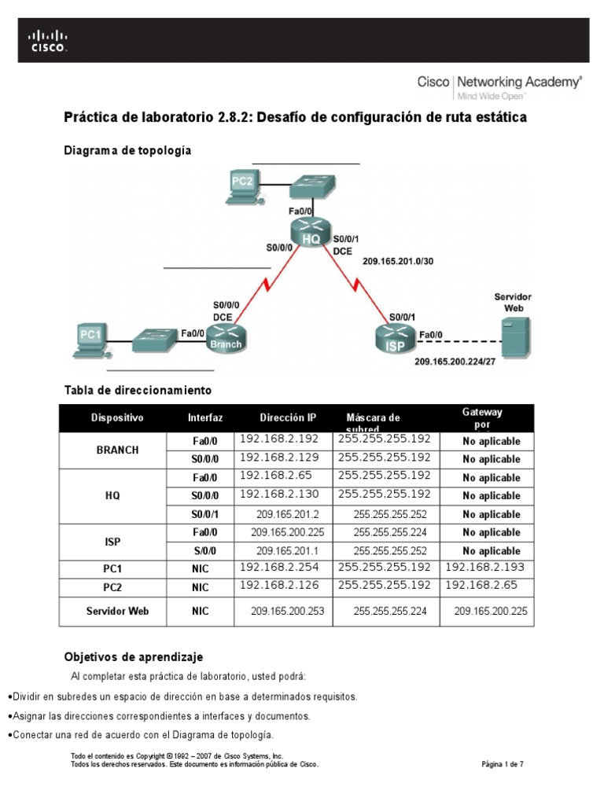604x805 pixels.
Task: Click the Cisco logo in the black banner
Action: click(48, 40)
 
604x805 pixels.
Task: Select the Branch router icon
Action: click(225, 336)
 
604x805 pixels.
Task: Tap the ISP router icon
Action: click(396, 336)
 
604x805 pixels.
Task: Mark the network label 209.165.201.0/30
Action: click(397, 261)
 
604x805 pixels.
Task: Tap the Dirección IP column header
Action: click(288, 417)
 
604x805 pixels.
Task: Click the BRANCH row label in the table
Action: click(117, 450)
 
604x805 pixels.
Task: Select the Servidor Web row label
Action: click(117, 611)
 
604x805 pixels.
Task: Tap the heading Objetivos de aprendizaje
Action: click(133, 656)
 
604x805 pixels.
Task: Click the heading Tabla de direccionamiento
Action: click(138, 390)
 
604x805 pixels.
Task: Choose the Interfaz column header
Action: click(205, 417)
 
